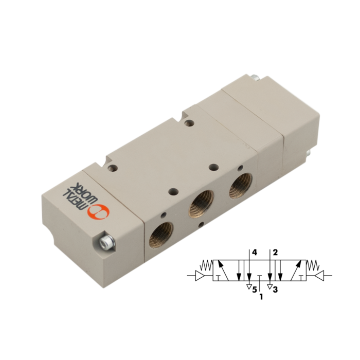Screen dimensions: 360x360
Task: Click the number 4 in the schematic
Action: pyautogui.click(x=254, y=252)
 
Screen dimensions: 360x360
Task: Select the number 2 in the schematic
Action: pyautogui.click(x=276, y=252)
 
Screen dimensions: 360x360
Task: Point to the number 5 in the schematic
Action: pyautogui.click(x=254, y=291)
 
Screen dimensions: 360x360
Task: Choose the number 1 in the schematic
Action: pyautogui.click(x=261, y=297)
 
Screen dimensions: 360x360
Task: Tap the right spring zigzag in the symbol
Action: pyautogui.click(x=312, y=265)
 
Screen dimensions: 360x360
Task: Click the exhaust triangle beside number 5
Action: pyautogui.click(x=248, y=286)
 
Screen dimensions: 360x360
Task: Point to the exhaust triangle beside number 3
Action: pyautogui.click(x=269, y=286)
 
